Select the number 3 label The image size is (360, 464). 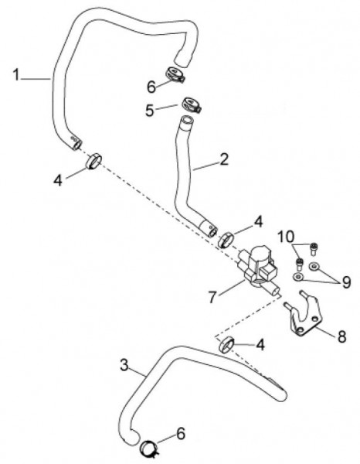[x=124, y=365]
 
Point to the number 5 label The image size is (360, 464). [x=150, y=111]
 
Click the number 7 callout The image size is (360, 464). [x=212, y=297]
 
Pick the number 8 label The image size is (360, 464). [x=341, y=336]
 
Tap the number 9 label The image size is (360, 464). [x=346, y=282]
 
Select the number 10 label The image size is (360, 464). [x=286, y=237]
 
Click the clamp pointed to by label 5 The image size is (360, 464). [x=192, y=104]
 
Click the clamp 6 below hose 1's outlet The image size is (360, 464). [x=175, y=74]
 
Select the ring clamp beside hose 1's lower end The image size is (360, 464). [x=94, y=161]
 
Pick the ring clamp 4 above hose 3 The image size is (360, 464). [x=226, y=345]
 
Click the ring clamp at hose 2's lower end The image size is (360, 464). [x=226, y=240]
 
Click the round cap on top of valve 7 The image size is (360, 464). [x=260, y=254]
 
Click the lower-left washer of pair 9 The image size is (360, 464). [x=298, y=277]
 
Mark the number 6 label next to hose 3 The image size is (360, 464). [x=181, y=433]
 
